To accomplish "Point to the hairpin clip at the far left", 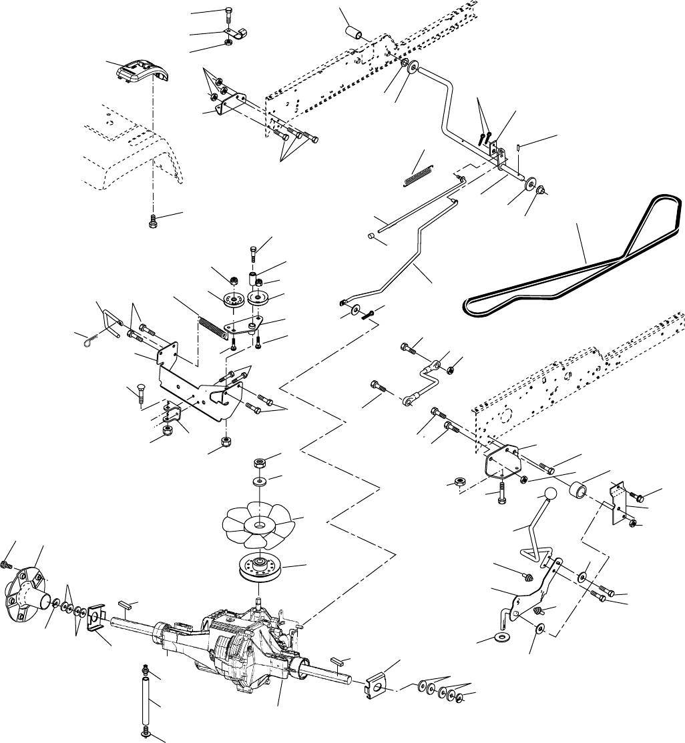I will (83, 342).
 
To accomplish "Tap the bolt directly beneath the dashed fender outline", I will (153, 219).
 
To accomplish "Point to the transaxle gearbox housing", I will (250, 640).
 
